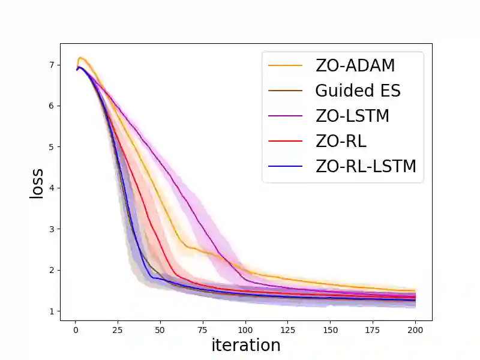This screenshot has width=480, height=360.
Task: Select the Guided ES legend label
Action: click(x=358, y=91)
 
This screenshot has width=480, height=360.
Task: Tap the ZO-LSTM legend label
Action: click(x=352, y=116)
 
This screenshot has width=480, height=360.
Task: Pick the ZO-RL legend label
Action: click(x=340, y=141)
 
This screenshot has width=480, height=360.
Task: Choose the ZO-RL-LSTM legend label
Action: click(x=365, y=166)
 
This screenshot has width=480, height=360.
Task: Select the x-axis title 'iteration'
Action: click(x=246, y=345)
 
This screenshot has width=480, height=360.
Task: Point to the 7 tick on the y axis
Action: click(x=52, y=65)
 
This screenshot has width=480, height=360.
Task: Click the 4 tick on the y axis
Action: click(x=52, y=188)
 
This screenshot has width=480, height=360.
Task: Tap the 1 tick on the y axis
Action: click(x=52, y=311)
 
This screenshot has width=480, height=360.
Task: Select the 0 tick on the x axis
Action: click(x=76, y=329)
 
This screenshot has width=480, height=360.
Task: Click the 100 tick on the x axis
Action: click(x=245, y=329)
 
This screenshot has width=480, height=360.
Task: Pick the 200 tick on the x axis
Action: click(x=415, y=329)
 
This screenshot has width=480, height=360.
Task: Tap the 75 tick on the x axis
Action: click(x=203, y=329)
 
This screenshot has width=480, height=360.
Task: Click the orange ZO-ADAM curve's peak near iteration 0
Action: click(x=80, y=58)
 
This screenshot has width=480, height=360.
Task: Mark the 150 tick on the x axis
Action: click(x=331, y=329)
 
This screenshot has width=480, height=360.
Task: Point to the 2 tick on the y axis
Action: click(x=52, y=270)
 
